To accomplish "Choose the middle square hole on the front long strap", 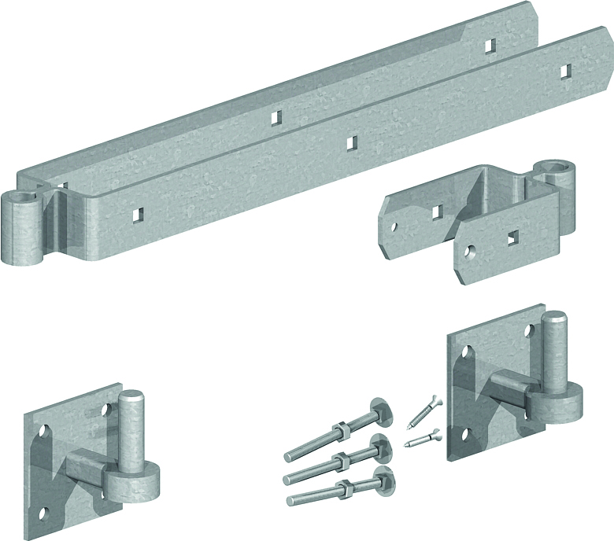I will tap(352, 142).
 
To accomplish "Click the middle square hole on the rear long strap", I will tap(276, 117).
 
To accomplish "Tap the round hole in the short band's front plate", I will tap(470, 252).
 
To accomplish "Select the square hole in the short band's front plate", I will tap(513, 235).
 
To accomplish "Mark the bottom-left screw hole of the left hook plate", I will tap(43, 514).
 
